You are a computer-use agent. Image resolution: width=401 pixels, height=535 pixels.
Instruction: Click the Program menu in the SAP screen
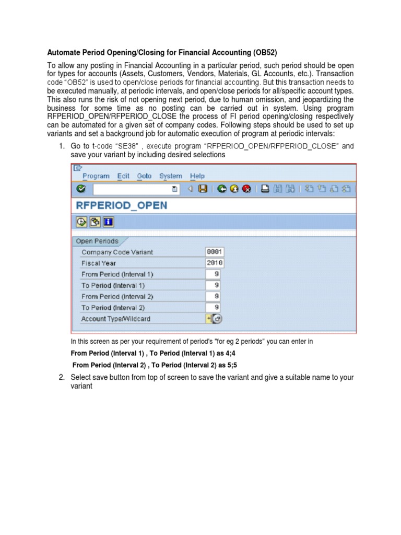point(96,176)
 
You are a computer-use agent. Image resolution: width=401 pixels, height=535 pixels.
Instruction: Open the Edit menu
point(123,176)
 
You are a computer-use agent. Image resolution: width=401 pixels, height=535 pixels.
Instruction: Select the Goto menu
point(144,176)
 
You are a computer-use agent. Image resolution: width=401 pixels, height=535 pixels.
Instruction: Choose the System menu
point(171,176)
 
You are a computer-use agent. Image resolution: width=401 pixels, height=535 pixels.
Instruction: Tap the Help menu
point(197,176)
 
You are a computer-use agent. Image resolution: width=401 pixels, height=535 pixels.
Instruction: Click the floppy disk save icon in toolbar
point(203,189)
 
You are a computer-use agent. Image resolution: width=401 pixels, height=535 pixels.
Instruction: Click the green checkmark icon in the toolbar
point(80,189)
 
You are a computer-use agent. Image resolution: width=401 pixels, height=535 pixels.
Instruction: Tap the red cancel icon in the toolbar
point(246,189)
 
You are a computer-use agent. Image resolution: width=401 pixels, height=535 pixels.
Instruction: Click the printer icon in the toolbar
point(265,189)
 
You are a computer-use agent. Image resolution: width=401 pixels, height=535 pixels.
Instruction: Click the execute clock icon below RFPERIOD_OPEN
point(81,222)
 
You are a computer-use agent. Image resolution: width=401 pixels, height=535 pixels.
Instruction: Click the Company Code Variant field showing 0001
point(215,252)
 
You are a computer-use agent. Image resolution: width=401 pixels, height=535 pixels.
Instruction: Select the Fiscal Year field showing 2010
point(215,263)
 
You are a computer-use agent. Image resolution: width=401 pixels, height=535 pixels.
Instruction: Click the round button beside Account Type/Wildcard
point(217,319)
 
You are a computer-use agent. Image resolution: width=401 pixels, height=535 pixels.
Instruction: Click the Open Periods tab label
point(97,241)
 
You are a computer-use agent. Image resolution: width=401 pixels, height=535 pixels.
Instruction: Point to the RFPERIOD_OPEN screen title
point(122,205)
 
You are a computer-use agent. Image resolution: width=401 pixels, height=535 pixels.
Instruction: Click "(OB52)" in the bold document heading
point(265,53)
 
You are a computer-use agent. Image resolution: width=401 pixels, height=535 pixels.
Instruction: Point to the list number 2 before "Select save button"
point(61,378)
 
